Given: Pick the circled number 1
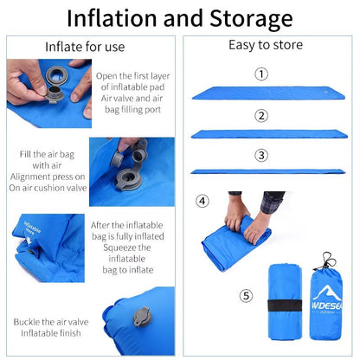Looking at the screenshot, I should pyautogui.click(x=260, y=74).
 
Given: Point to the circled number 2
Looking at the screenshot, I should pyautogui.click(x=260, y=116).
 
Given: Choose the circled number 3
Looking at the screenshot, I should pyautogui.click(x=260, y=157).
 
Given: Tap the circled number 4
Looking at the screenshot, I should pyautogui.click(x=202, y=201).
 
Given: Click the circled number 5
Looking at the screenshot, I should pyautogui.click(x=247, y=296).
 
